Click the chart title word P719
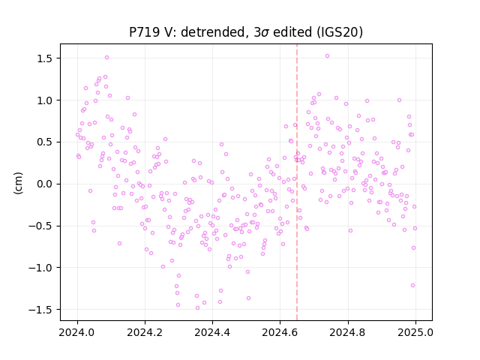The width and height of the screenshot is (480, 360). [144, 32]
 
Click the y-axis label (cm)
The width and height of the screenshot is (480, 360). [18, 183]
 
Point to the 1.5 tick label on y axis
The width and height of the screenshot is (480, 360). [46, 58]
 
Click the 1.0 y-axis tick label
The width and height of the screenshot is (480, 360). [46, 100]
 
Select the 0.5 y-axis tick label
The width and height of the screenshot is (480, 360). [46, 142]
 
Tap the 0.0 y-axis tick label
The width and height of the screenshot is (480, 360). [46, 184]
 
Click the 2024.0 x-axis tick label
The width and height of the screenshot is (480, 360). [77, 332]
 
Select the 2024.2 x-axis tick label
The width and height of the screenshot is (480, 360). [145, 332]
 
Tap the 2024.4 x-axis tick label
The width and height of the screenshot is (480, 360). [212, 332]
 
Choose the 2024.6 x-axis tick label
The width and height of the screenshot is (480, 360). [280, 332]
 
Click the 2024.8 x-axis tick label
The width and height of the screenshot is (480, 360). [348, 332]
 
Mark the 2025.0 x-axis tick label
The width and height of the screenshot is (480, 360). [415, 332]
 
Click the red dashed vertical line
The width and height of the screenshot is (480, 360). [297, 182]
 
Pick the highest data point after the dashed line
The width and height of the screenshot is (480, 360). [327, 56]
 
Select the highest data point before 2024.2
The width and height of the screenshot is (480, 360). [106, 58]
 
